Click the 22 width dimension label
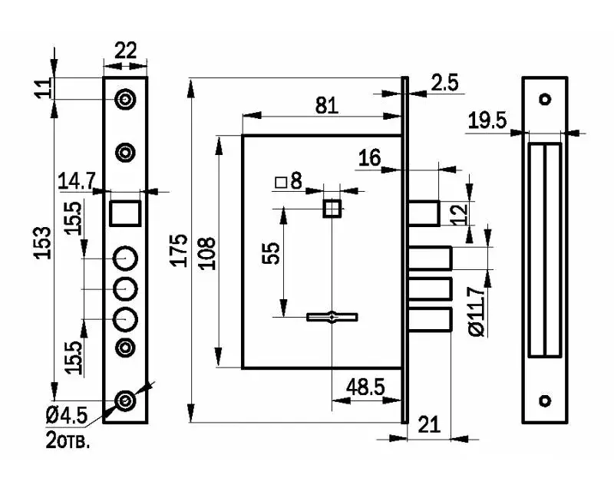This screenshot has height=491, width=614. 125,51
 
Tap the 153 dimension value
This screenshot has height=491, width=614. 43,242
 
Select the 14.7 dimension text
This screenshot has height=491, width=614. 76,181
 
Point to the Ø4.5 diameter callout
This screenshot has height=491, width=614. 67,415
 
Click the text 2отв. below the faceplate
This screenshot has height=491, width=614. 68,440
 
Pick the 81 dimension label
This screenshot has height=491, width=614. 327,105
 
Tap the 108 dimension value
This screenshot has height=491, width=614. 207,253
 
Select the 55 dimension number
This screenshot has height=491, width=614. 271,253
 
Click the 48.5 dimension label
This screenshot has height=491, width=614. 365,387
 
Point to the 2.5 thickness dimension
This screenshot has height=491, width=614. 444,83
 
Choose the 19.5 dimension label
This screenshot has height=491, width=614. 487,120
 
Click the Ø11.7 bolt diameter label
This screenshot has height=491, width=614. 477,311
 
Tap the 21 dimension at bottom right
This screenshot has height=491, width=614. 429,424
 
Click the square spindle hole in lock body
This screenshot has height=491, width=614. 332,208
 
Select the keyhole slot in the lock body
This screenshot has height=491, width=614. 332,317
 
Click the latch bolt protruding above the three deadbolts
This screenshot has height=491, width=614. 424,213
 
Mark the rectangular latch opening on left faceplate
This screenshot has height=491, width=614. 125,213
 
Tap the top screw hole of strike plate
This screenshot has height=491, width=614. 545,99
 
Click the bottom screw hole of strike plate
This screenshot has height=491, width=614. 545,400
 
